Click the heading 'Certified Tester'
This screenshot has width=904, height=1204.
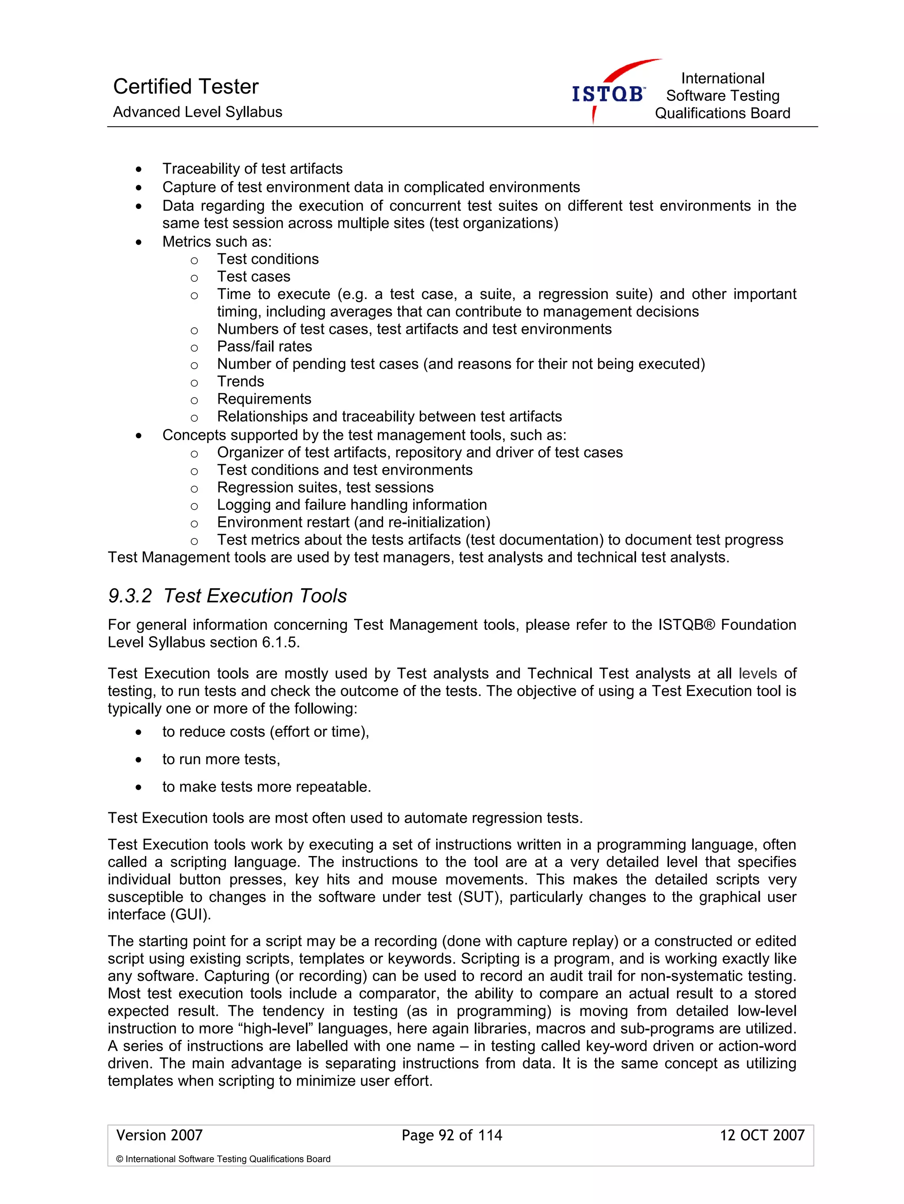(x=185, y=87)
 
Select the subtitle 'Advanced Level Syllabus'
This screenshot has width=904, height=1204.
(x=197, y=112)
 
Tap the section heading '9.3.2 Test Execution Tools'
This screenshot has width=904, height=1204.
(x=227, y=596)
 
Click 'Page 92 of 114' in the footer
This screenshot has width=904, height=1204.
(x=452, y=1136)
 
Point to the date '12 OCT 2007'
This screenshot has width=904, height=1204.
(x=761, y=1136)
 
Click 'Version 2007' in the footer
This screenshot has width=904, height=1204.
(x=159, y=1136)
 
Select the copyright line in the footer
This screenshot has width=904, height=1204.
(x=223, y=1159)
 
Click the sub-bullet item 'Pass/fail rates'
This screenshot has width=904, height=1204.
(x=264, y=347)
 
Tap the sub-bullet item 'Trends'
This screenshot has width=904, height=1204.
(x=241, y=382)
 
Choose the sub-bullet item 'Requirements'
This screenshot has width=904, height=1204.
(x=264, y=399)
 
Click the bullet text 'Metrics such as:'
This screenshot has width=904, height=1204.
(x=216, y=242)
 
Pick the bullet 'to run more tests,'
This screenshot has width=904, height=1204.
(x=221, y=759)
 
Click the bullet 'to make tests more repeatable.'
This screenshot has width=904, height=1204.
(x=267, y=787)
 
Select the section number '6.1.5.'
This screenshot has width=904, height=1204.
(x=281, y=642)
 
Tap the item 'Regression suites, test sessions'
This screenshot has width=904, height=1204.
(x=325, y=488)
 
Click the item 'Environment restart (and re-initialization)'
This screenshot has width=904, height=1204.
(x=354, y=522)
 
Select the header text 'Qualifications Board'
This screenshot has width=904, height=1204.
(x=722, y=113)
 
